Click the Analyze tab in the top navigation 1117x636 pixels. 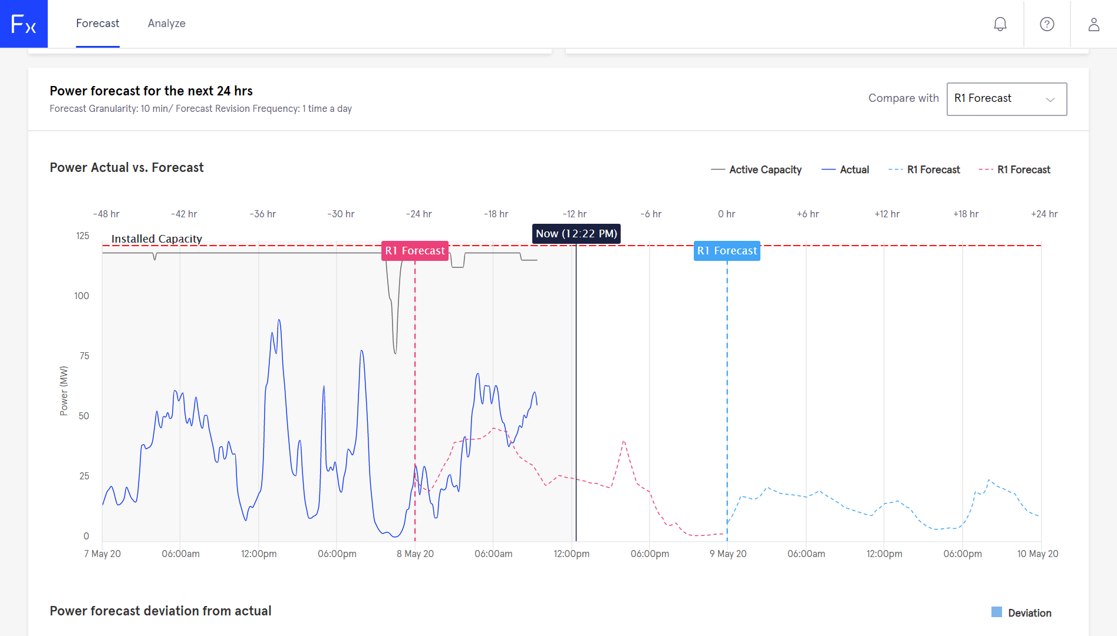[x=166, y=24]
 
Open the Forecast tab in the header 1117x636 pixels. [x=98, y=24]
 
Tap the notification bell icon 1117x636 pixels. [x=1000, y=24]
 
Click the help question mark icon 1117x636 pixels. [x=1047, y=24]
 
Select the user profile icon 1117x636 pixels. [x=1093, y=24]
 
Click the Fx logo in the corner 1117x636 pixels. [x=24, y=24]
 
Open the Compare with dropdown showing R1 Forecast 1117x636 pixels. [x=1006, y=99]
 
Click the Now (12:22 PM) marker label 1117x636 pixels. [x=576, y=234]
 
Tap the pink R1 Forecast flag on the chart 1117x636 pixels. [x=415, y=251]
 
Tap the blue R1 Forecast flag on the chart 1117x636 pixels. [x=727, y=251]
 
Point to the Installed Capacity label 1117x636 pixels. [x=157, y=238]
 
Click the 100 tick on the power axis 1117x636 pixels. [x=82, y=296]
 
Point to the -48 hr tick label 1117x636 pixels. [x=106, y=214]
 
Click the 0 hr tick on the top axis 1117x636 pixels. [x=726, y=214]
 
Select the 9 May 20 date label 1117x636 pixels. [x=728, y=554]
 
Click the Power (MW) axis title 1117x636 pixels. [x=64, y=391]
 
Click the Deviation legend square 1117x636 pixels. [x=997, y=612]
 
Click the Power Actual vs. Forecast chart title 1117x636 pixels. [x=127, y=168]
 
